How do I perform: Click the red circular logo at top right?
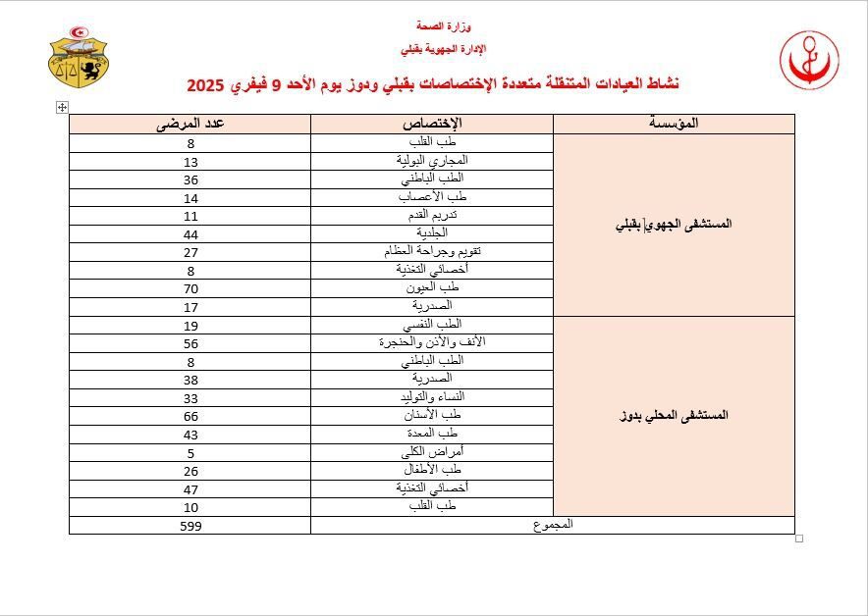tap(809, 60)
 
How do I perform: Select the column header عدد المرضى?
tap(190, 124)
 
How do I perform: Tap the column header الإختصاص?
tap(432, 124)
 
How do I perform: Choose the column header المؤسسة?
tap(674, 124)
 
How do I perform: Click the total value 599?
tap(190, 526)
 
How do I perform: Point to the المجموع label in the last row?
tap(553, 525)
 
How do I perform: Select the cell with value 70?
tap(190, 287)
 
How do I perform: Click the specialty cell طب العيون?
tap(432, 287)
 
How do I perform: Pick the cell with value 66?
tap(190, 415)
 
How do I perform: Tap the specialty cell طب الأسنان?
tap(432, 415)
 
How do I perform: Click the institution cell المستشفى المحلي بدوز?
tap(674, 416)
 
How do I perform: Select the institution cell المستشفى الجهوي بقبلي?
tap(674, 225)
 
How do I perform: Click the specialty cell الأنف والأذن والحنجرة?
tap(432, 342)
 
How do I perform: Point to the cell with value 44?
tap(190, 233)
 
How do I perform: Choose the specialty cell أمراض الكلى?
tap(432, 452)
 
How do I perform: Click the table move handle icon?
tap(62, 107)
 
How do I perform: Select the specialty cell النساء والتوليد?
tap(432, 397)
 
